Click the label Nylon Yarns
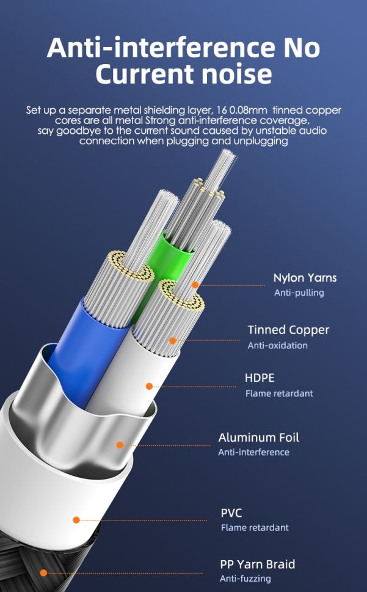click(x=305, y=278)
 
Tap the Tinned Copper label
click(x=288, y=330)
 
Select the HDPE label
click(x=260, y=378)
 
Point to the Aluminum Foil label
click(x=259, y=437)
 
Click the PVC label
click(x=231, y=513)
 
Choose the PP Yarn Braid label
click(x=258, y=565)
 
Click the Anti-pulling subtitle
click(x=299, y=293)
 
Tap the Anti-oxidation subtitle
click(x=278, y=345)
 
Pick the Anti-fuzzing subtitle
click(x=245, y=579)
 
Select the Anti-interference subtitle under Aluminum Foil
click(x=254, y=452)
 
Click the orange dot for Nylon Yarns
click(x=195, y=285)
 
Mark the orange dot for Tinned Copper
click(x=172, y=340)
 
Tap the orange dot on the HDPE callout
click(x=150, y=386)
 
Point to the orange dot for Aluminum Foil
click(x=120, y=445)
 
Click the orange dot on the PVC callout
click(x=76, y=521)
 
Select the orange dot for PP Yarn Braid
click(x=44, y=573)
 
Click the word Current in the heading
click(x=145, y=74)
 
